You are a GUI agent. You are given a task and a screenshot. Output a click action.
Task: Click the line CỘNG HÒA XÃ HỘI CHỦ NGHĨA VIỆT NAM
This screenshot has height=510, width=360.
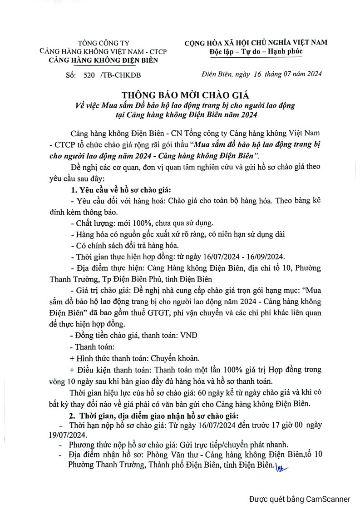256,42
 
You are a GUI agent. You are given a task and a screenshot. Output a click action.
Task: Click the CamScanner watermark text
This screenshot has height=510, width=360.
300,499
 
